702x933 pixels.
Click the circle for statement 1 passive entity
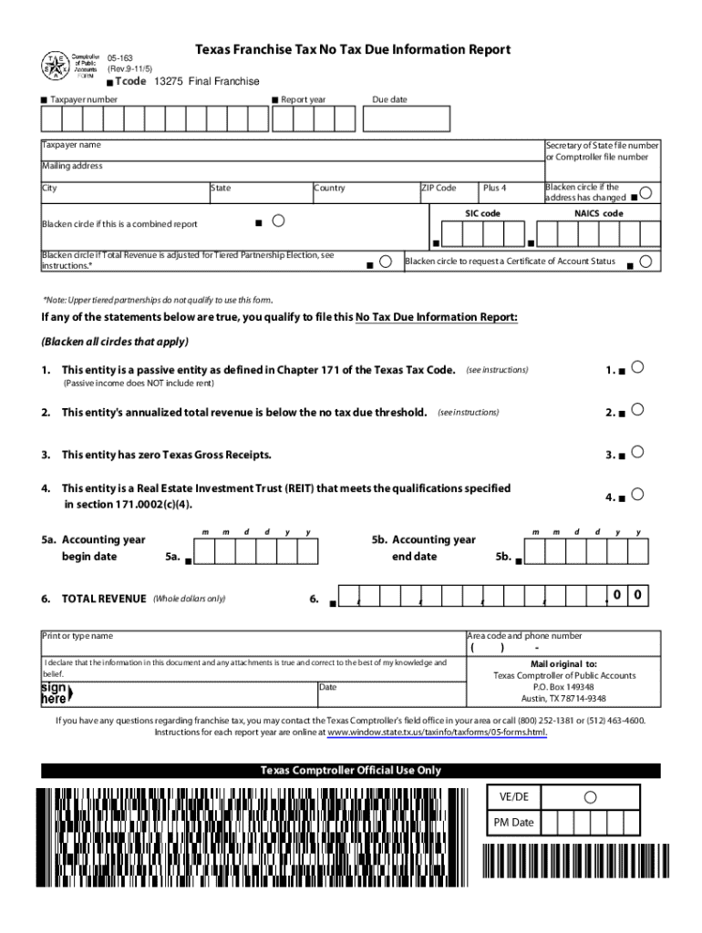tap(638, 366)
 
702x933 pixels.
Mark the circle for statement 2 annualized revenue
tap(638, 409)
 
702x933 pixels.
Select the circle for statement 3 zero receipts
tap(638, 451)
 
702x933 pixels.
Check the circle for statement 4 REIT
tap(638, 494)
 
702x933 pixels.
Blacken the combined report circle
tap(279, 220)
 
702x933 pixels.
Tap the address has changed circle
tap(645, 193)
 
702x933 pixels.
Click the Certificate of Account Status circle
tap(645, 261)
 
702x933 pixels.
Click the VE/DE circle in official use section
tap(590, 797)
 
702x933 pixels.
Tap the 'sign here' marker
tap(56, 693)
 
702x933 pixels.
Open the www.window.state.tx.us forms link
tap(437, 732)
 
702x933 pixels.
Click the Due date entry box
tap(410, 118)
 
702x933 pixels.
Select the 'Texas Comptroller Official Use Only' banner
tap(351, 771)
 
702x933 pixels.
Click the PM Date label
tap(513, 822)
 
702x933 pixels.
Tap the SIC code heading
tap(482, 213)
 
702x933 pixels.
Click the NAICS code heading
tap(598, 213)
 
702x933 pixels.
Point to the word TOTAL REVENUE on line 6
tap(103, 599)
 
